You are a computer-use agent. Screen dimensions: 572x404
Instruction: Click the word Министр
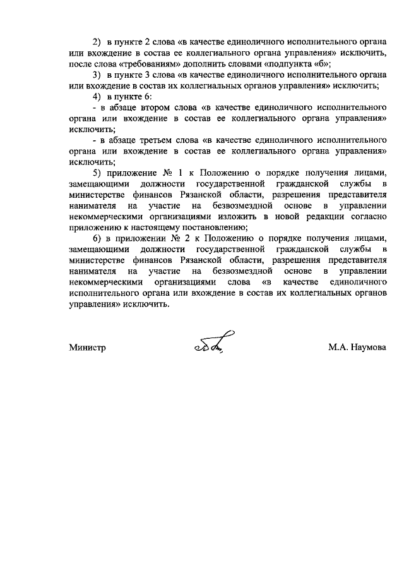(x=87, y=348)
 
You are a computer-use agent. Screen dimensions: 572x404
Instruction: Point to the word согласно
(x=370, y=216)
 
